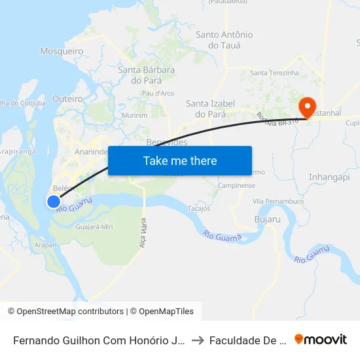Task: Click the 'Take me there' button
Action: click(x=180, y=160)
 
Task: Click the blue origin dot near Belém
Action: click(x=54, y=202)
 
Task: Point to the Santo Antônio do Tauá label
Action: click(x=225, y=40)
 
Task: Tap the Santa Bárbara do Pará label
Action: click(x=146, y=75)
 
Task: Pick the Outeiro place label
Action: click(x=67, y=98)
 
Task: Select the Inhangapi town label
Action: click(x=330, y=177)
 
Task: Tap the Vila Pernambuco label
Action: click(x=278, y=201)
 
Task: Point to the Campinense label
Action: click(x=237, y=185)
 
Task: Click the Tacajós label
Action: click(x=198, y=209)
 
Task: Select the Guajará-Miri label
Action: click(x=95, y=226)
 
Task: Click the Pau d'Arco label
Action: click(x=158, y=94)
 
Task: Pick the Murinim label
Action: click(x=135, y=115)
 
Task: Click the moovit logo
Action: click(x=321, y=339)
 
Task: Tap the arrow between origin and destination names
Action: click(x=198, y=340)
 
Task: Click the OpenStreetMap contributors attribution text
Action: click(x=65, y=312)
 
